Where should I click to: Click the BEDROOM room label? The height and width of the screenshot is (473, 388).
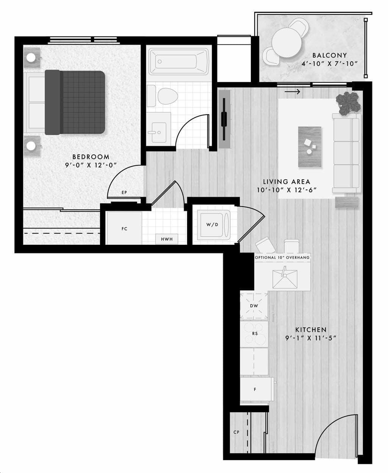tap(91, 157)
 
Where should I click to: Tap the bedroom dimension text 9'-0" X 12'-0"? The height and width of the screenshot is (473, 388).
tap(91, 165)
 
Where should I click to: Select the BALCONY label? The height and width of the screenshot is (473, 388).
tap(330, 55)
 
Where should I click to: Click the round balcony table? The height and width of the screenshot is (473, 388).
tap(287, 42)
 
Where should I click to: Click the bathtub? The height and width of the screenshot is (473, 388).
tap(179, 62)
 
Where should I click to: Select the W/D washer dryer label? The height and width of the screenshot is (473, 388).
tap(212, 224)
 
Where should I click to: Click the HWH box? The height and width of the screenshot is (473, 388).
tap(167, 239)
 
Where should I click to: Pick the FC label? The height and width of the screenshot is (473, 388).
tap(124, 229)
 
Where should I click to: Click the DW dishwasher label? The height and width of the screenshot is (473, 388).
tap(254, 306)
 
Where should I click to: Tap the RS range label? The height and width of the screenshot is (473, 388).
tap(255, 333)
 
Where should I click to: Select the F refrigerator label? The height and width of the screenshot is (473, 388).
tap(255, 389)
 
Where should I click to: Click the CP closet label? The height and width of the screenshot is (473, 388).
tap(236, 432)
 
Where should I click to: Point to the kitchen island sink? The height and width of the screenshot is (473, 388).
tap(285, 279)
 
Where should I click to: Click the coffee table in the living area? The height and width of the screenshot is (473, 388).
tap(310, 147)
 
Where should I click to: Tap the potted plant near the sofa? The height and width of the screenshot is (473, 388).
tap(348, 103)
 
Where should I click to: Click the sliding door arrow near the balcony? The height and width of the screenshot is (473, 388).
tap(292, 92)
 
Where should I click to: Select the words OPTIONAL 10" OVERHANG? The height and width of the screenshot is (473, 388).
tap(282, 257)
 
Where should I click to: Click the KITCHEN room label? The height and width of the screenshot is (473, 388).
tap(311, 330)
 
